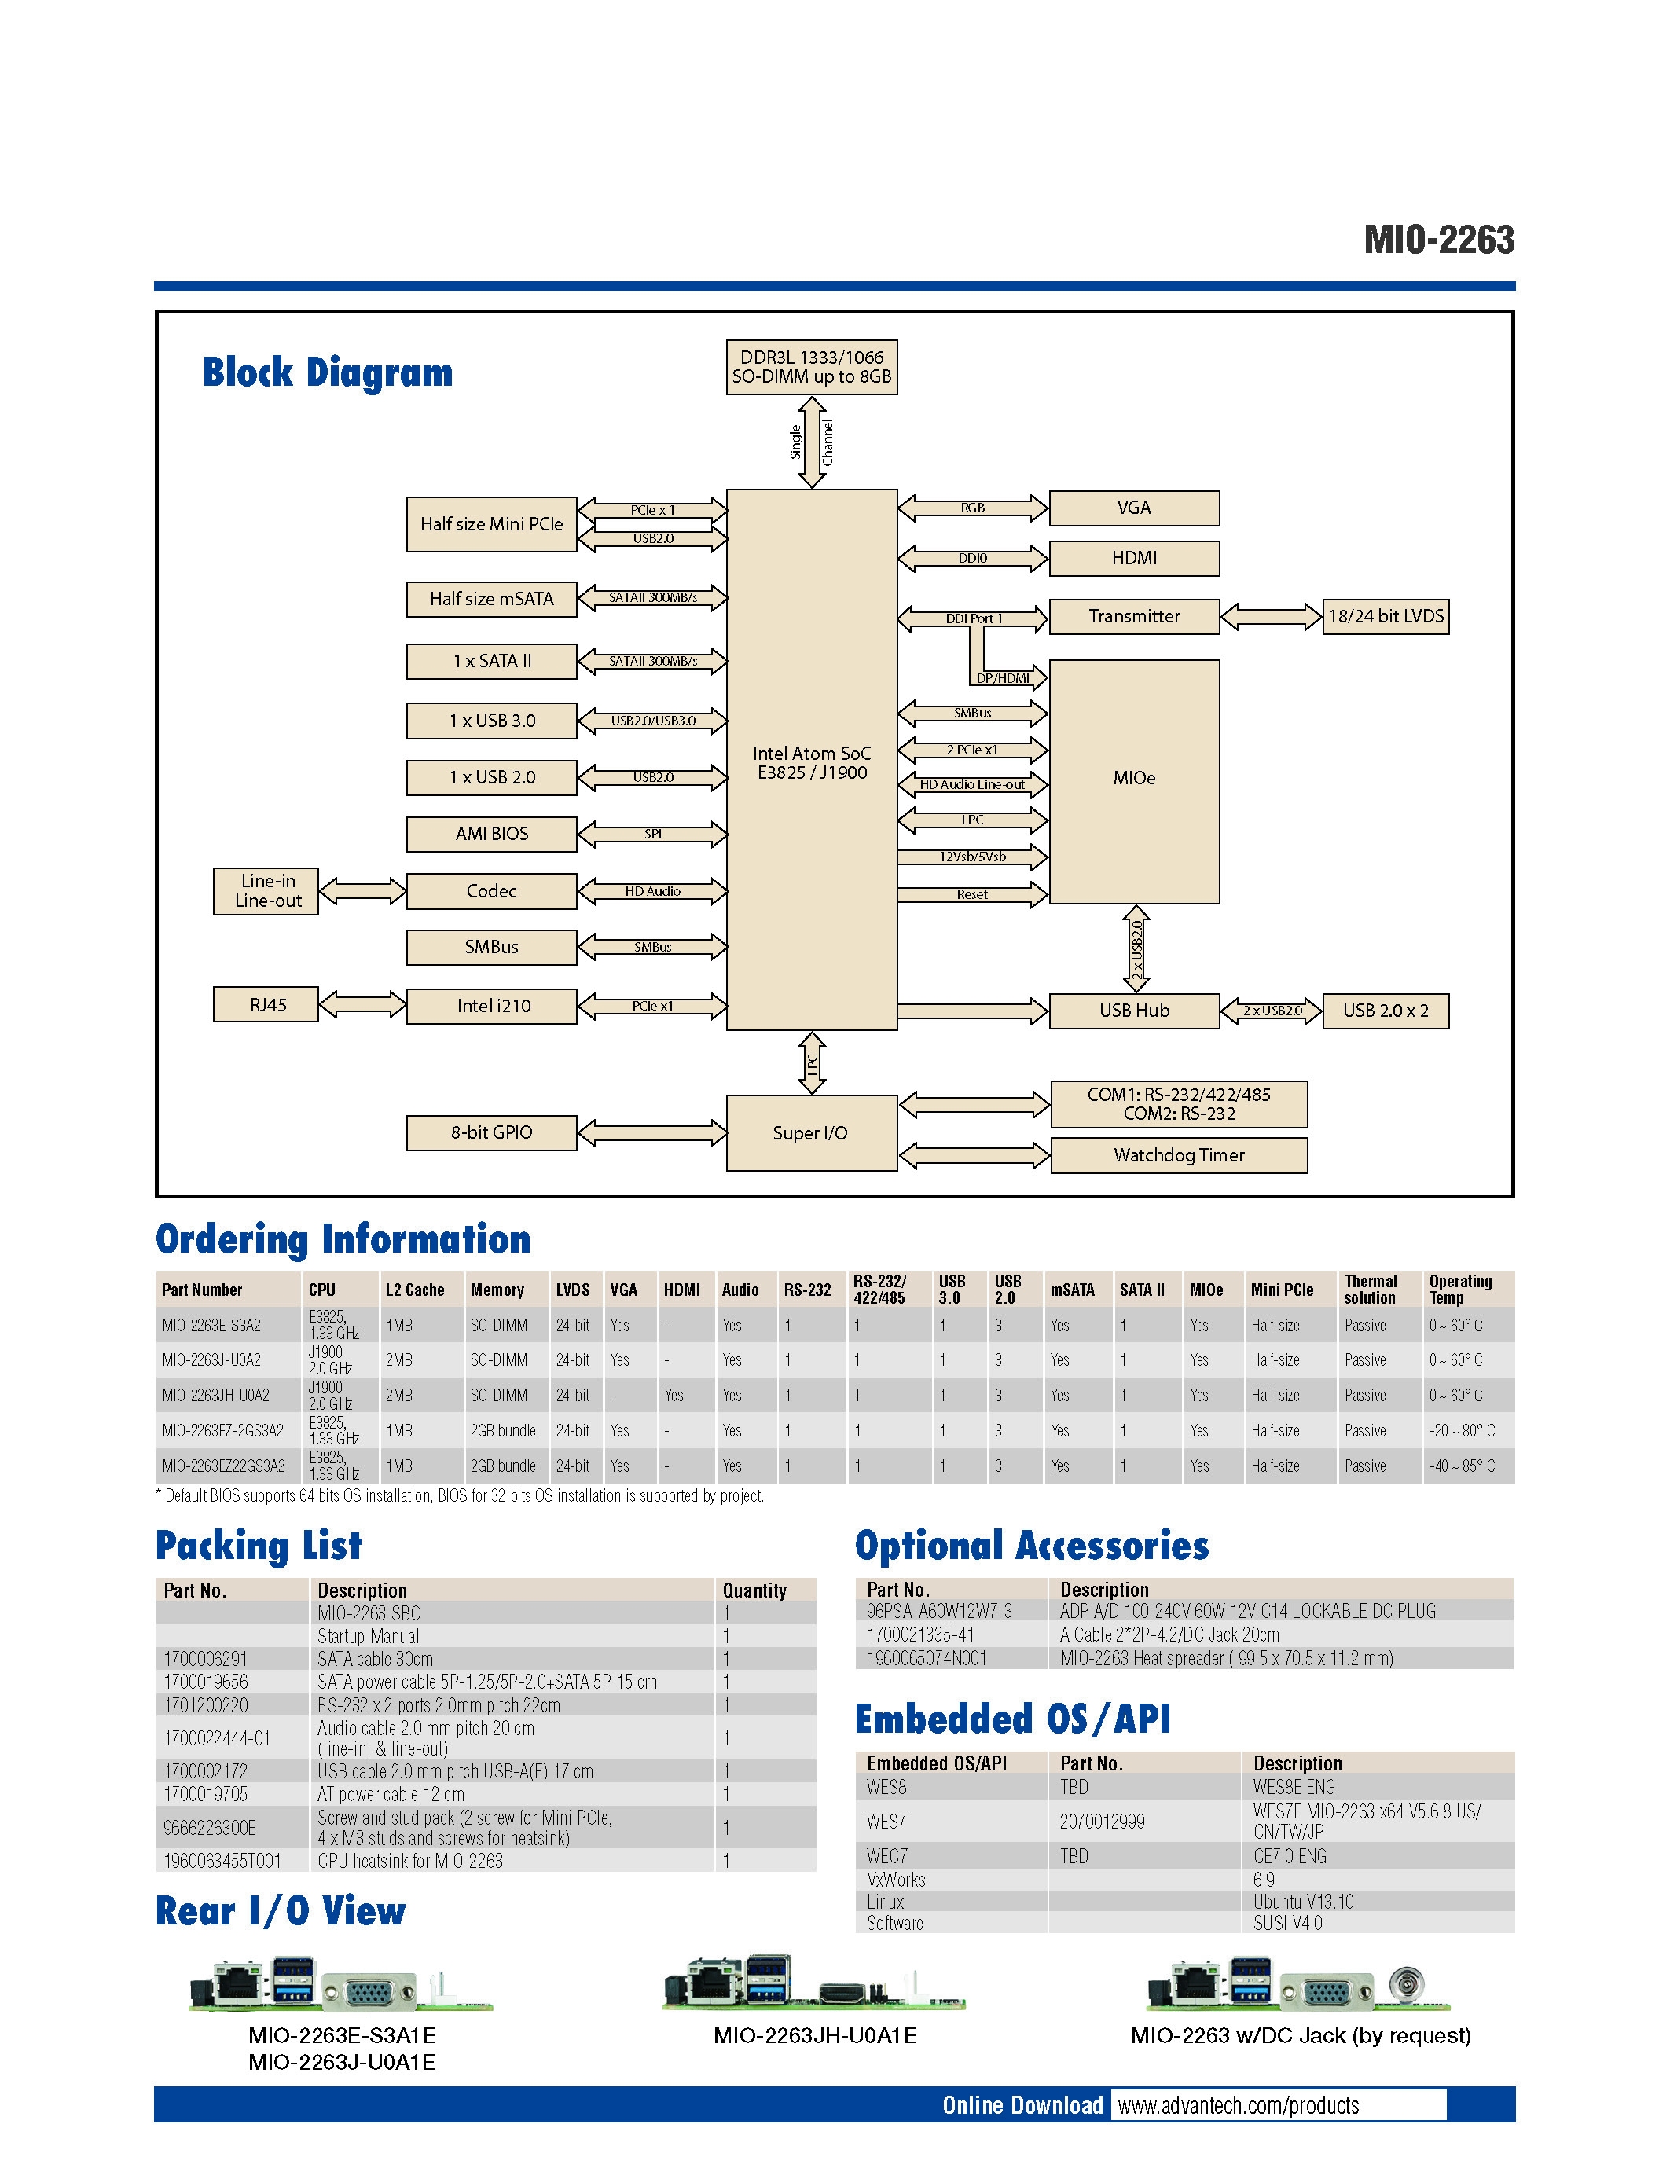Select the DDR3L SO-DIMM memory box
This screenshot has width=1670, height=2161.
coord(811,367)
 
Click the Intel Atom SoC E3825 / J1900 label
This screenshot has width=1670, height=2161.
coord(811,763)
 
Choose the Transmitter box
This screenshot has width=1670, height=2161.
coord(1134,616)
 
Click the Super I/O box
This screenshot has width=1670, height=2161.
coord(810,1133)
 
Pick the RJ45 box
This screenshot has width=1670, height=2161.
coord(267,1005)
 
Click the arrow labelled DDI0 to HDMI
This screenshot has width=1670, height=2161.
coord(972,558)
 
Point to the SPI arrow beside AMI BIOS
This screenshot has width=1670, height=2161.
coord(653,834)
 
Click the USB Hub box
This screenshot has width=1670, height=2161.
coord(1134,1011)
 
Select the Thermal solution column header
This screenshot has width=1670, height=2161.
coord(1371,1290)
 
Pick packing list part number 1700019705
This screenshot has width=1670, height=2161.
coord(206,1794)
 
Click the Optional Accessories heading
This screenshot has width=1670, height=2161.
coord(1031,1546)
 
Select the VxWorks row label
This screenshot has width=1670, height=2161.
coord(897,1879)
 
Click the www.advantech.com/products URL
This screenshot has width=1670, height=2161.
coord(1238,2105)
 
